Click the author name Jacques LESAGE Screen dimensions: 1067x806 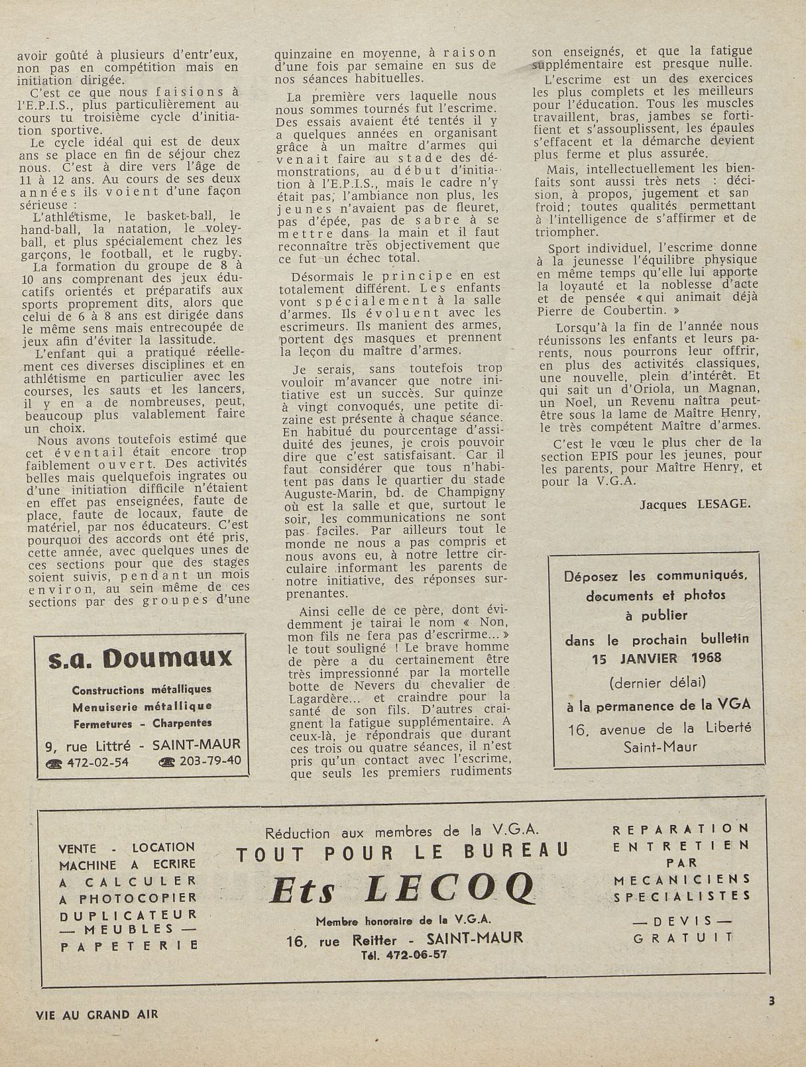pos(695,504)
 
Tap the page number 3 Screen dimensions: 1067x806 pos(771,1001)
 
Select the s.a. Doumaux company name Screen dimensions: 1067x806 pos(141,658)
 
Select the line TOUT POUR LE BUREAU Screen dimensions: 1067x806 pos(402,852)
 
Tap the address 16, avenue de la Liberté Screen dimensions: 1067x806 pos(660,728)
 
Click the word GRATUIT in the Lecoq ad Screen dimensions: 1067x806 pos(683,937)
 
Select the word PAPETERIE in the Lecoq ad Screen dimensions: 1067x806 pos(129,946)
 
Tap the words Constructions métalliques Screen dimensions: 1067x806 pos(142,690)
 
